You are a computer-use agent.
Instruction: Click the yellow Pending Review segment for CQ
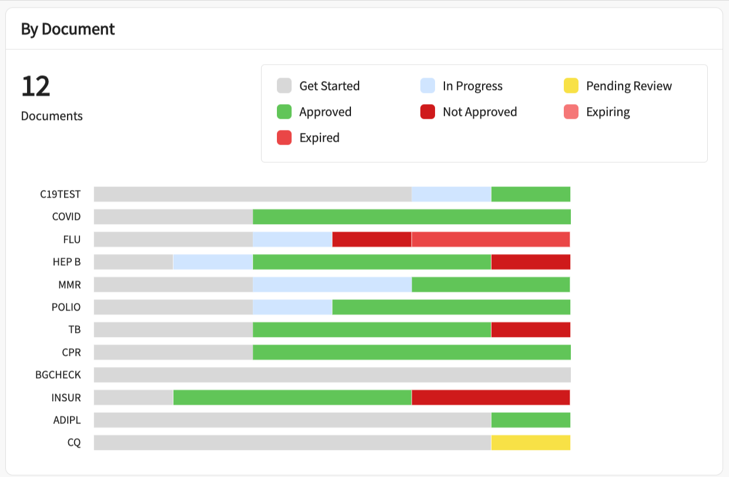530,442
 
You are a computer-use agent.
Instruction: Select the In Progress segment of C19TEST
451,194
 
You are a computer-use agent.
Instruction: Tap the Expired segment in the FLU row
490,239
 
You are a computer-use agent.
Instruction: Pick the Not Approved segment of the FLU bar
372,239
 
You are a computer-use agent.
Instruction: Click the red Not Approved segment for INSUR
490,398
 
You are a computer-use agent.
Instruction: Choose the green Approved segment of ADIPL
530,420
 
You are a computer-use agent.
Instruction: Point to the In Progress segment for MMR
332,285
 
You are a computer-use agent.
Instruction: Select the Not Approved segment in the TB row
530,330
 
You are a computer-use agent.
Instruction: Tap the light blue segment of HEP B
213,262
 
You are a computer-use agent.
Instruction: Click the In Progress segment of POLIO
292,307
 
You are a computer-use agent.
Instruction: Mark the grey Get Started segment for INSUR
133,398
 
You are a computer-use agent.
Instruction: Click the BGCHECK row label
58,375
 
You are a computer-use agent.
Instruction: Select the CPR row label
71,352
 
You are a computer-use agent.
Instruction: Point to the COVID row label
66,216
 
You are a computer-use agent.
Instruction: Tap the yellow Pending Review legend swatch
571,86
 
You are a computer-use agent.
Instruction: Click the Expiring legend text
608,112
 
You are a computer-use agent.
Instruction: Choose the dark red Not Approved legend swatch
427,112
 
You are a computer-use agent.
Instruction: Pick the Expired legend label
319,138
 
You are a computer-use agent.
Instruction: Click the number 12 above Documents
36,86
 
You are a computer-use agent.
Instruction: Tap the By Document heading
68,29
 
